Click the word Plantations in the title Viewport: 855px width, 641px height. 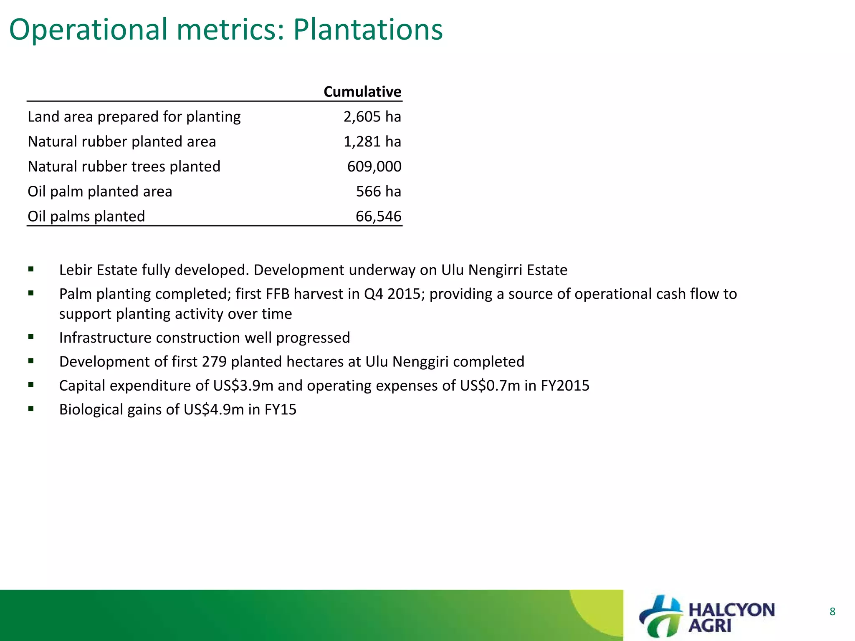click(x=367, y=30)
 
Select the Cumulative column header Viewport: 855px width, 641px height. click(x=362, y=92)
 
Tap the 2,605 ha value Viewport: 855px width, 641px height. click(x=372, y=117)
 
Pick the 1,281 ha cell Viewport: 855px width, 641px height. click(x=372, y=142)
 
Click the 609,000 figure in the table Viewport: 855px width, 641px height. click(x=374, y=167)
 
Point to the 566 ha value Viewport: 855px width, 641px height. click(x=378, y=192)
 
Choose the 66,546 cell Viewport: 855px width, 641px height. click(x=378, y=217)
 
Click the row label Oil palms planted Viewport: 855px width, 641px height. click(x=86, y=217)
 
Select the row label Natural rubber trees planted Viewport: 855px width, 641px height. click(x=124, y=167)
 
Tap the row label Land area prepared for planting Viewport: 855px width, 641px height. click(x=134, y=117)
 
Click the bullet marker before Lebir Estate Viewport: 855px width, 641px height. click(x=31, y=270)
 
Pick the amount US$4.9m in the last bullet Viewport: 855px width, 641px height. click(x=213, y=410)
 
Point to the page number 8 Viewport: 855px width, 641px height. click(x=832, y=612)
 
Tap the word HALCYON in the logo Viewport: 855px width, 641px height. click(x=731, y=610)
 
